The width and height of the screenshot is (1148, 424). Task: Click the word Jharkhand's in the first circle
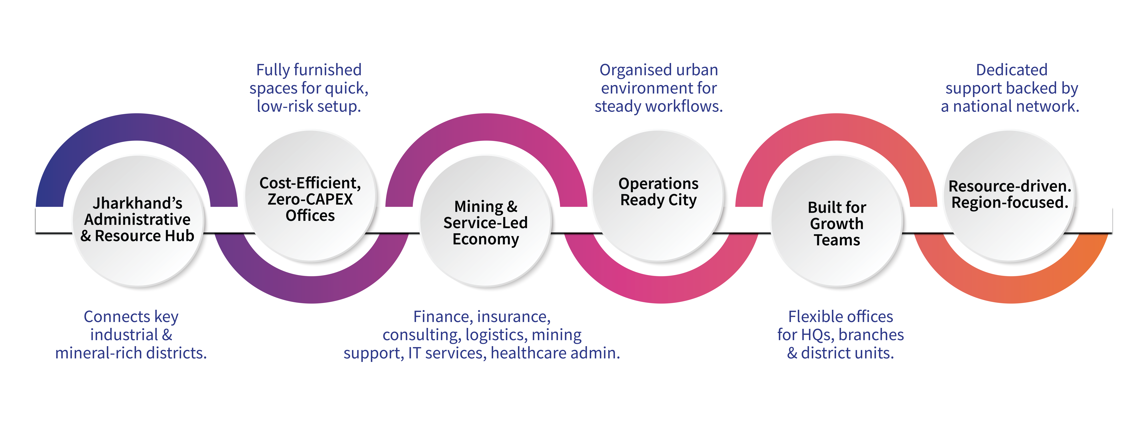tap(137, 203)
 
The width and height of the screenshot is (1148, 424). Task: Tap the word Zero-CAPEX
tap(310, 199)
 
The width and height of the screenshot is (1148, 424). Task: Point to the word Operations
tap(658, 184)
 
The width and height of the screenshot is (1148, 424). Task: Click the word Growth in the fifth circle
tap(837, 224)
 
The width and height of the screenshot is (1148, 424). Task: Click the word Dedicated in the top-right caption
tap(1012, 70)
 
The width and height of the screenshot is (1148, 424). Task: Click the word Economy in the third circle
tap(485, 239)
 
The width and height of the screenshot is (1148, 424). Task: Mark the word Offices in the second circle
tap(310, 216)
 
